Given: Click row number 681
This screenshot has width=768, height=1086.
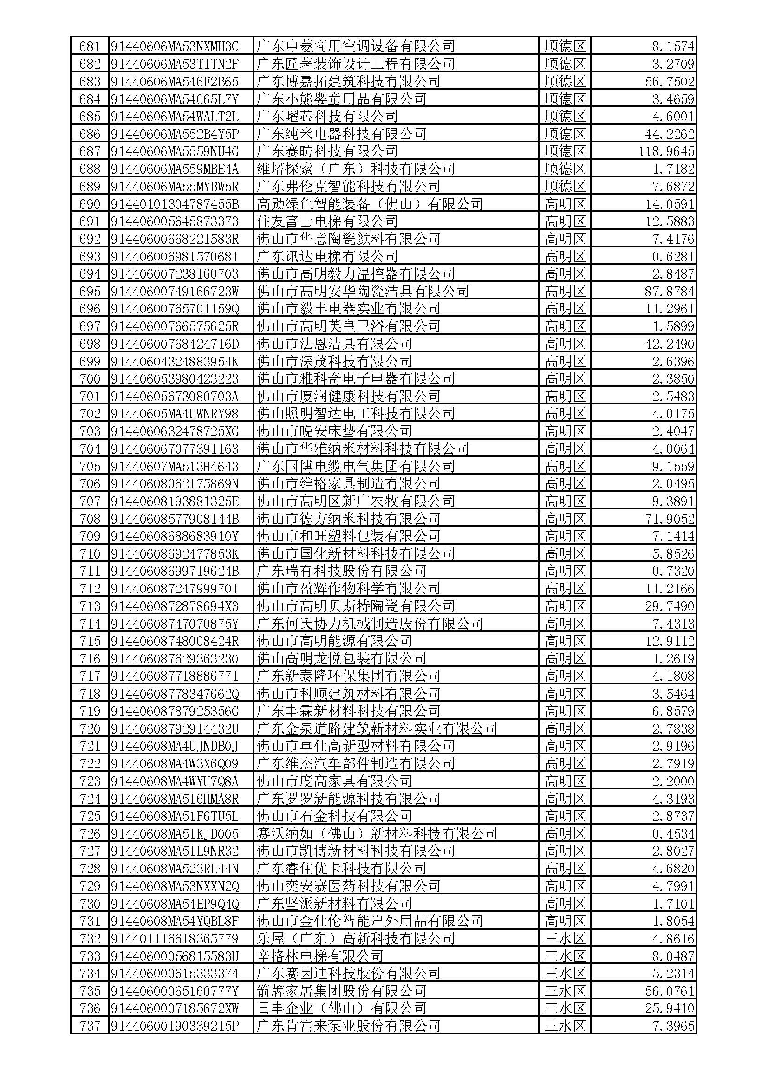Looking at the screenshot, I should point(90,46).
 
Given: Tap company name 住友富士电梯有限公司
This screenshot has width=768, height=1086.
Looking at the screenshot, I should point(327,221).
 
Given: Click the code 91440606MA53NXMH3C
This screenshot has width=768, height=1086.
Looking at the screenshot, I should point(175,46).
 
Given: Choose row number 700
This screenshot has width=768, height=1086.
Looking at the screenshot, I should point(90,379).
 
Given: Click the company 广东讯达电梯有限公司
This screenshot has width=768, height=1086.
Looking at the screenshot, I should point(327,256).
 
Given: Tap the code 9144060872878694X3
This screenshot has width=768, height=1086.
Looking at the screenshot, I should point(175,606).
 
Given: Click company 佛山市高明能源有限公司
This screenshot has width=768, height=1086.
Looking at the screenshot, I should point(334,641).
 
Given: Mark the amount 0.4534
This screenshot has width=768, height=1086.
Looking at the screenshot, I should point(673,834).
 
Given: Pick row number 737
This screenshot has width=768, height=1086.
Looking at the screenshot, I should point(90,1027).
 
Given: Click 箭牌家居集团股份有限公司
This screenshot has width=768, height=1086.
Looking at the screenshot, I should point(341,991).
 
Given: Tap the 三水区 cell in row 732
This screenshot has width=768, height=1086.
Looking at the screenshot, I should point(565,939).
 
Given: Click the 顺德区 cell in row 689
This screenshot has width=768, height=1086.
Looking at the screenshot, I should point(565,186).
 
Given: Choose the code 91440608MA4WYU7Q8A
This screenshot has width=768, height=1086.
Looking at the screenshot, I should point(175,781).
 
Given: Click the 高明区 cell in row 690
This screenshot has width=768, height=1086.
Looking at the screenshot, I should point(565,204).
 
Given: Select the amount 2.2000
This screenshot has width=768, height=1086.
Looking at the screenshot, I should point(673,781).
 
